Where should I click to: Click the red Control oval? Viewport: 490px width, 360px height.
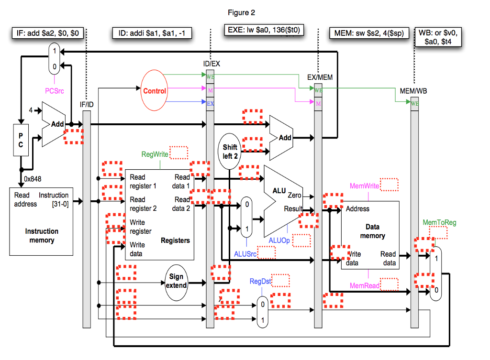point(155,91)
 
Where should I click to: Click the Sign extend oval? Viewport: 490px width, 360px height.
point(176,281)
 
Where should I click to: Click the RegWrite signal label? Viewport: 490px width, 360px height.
point(155,154)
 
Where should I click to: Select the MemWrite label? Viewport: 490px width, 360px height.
point(365,185)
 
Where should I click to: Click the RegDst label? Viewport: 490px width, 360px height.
point(260,281)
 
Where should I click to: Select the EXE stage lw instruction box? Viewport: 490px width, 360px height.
point(264,30)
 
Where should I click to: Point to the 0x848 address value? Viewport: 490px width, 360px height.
point(33,179)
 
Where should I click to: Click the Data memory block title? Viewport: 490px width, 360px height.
point(372,231)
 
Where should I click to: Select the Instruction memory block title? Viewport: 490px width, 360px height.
point(42,236)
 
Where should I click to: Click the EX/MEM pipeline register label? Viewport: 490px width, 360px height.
point(319,76)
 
